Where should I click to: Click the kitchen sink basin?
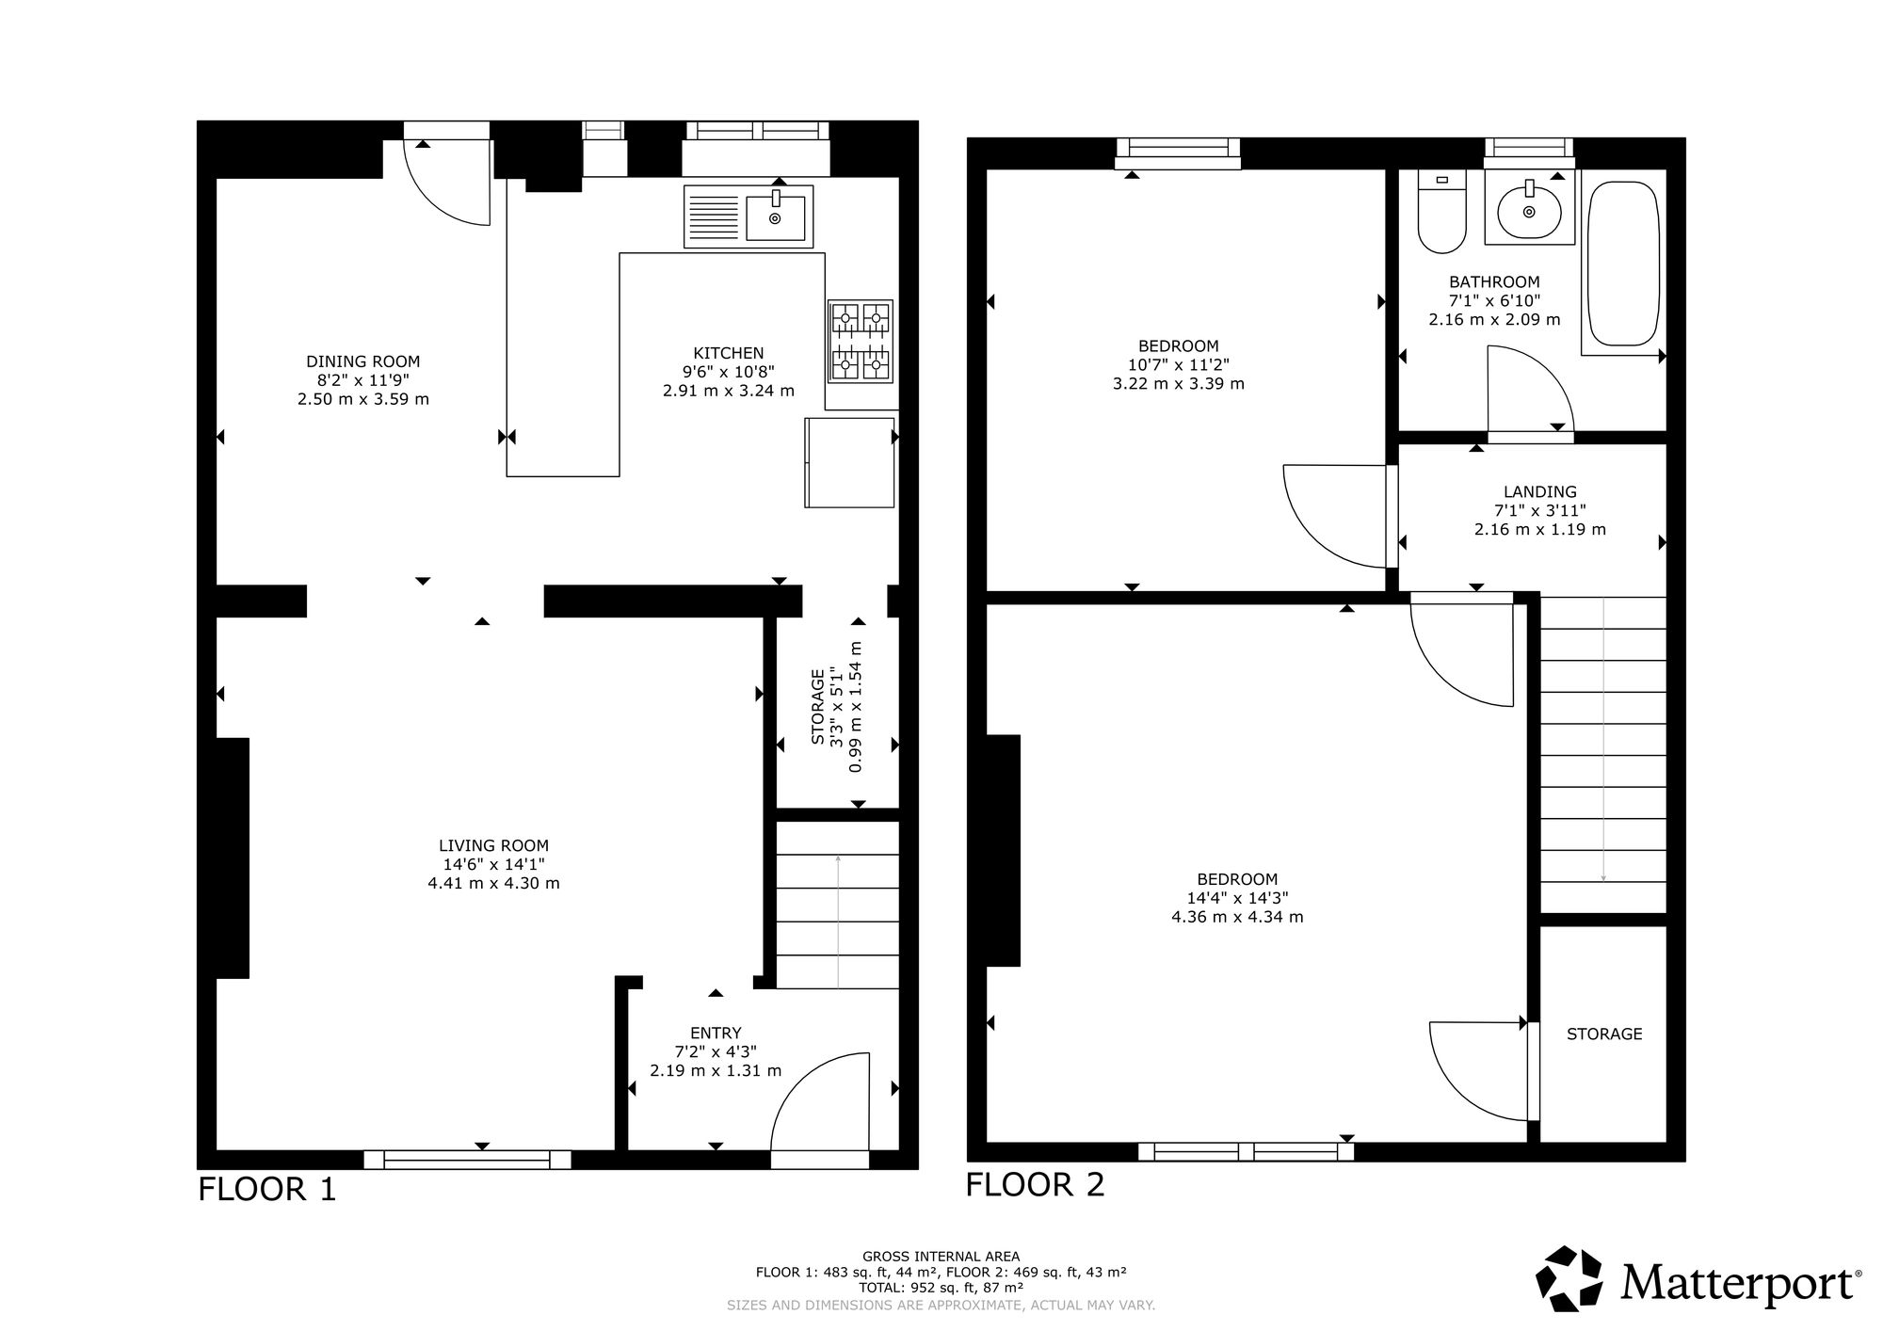[x=775, y=218]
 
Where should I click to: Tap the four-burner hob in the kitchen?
[x=861, y=341]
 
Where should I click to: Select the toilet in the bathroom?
[x=1441, y=213]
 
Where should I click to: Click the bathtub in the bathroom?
[x=1623, y=264]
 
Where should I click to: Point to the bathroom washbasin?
[x=1529, y=210]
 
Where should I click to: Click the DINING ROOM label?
[x=363, y=361]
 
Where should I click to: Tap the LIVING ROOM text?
[x=493, y=846]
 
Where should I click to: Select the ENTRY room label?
[x=716, y=1033]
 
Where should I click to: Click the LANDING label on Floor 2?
[x=1540, y=491]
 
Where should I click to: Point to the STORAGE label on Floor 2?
[x=1604, y=1034]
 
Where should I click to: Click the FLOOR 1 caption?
[x=266, y=1189]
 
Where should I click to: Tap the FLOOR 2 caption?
[x=1036, y=1184]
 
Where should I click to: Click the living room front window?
[x=468, y=1160]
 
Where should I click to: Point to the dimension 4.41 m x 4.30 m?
[x=493, y=884]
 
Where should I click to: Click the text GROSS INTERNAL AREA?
[x=941, y=1256]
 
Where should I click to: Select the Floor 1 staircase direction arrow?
[x=838, y=922]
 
